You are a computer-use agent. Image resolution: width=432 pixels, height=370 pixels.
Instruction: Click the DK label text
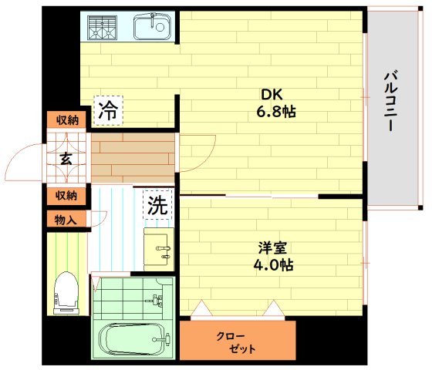coord(271,95)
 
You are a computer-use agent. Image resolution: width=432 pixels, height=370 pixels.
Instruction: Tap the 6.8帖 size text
coord(277,113)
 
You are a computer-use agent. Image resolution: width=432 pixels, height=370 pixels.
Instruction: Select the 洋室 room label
coord(272,247)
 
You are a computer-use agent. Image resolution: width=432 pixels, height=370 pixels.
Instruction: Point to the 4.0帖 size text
coord(274,265)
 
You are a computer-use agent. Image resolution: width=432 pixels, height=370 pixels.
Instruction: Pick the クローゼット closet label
coord(235,342)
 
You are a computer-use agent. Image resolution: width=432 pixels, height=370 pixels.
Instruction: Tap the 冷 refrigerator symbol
coord(108,109)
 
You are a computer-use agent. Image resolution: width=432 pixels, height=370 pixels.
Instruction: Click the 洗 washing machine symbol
coord(157,206)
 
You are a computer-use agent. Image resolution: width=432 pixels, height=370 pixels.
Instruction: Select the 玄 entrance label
coord(66,160)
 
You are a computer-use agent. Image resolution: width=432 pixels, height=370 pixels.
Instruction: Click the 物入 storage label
coord(66,220)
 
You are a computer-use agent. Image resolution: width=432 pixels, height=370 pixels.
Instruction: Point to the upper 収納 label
coord(66,120)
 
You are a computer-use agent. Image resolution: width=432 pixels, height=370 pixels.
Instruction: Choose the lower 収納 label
coord(66,196)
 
